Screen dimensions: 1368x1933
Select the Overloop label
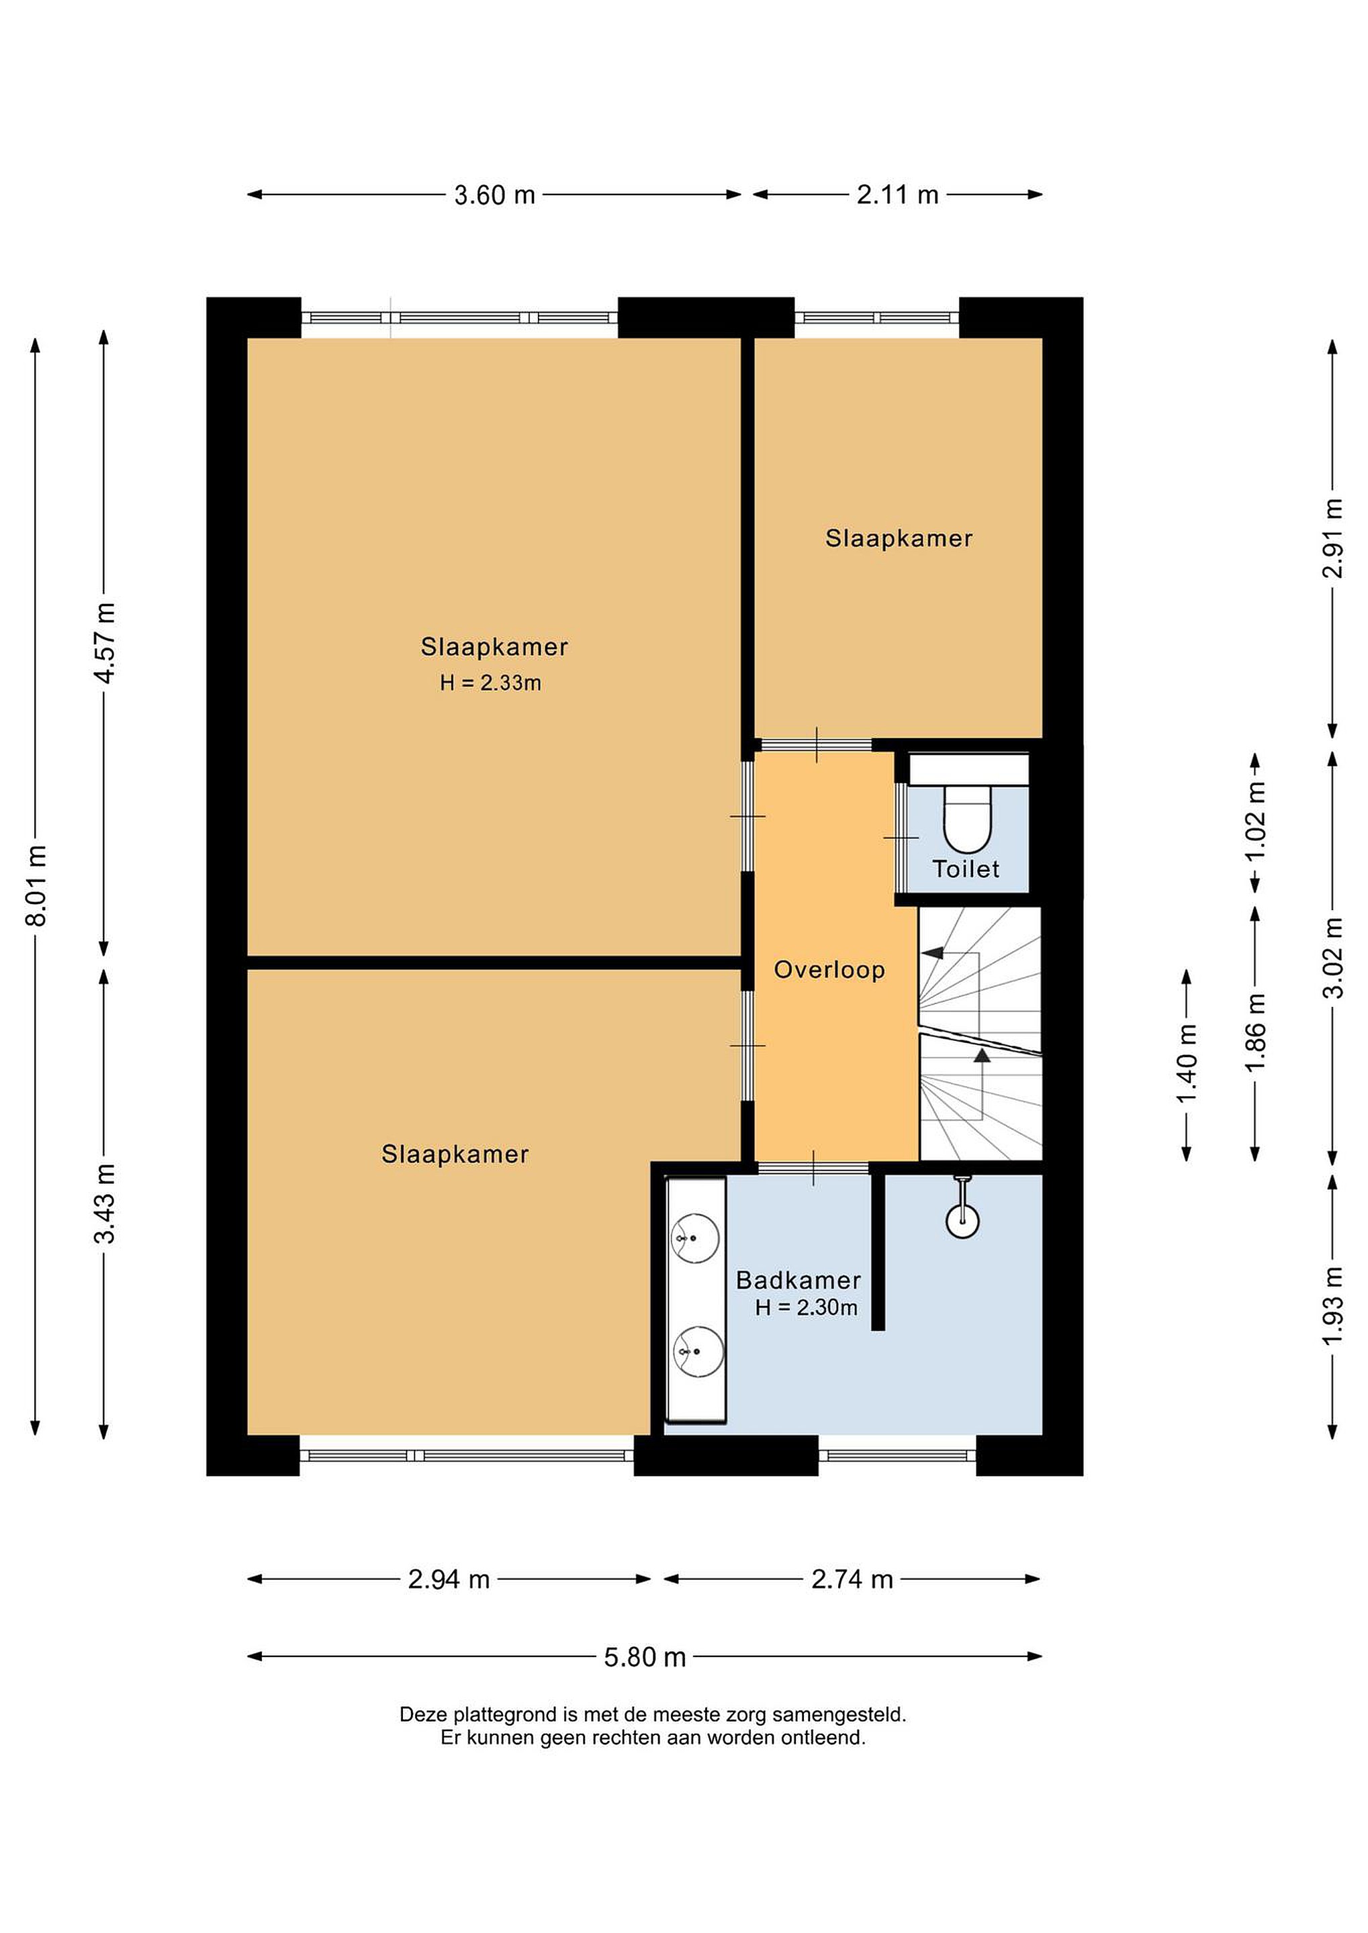[x=829, y=970]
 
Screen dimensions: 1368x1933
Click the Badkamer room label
[x=798, y=1281]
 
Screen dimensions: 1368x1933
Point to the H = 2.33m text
[x=490, y=683]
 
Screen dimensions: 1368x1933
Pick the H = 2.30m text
[x=806, y=1307]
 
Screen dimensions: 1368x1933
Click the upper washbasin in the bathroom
[x=695, y=1238]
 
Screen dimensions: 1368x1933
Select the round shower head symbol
[x=962, y=1221]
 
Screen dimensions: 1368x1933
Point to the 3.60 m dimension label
[x=494, y=195]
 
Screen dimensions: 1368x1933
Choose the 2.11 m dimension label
[x=897, y=195]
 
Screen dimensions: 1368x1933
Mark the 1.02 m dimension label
[x=1256, y=822]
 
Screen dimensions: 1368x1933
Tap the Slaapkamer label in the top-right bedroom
[x=899, y=539]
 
